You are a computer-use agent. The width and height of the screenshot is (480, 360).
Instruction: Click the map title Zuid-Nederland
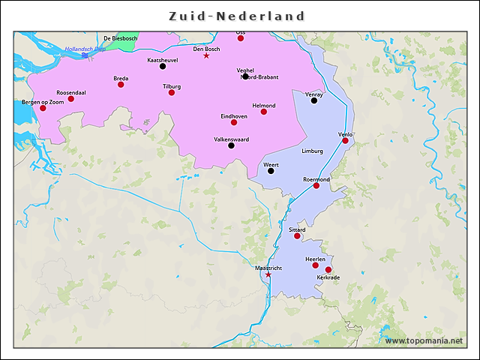coord(236,16)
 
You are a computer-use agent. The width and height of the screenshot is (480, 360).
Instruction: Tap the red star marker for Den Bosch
coord(206,55)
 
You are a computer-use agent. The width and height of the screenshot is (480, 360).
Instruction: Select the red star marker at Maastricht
coord(268,274)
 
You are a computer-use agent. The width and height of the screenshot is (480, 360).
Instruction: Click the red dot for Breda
coord(121,85)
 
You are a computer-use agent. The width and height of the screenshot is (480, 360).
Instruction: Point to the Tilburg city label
coord(172,86)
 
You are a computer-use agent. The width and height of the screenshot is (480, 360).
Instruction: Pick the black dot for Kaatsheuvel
coord(163,66)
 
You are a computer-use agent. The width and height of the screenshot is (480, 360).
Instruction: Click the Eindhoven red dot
coord(234,122)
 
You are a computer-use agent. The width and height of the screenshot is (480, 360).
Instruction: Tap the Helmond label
coord(263,106)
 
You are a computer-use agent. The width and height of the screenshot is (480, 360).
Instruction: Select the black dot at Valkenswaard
coord(231,145)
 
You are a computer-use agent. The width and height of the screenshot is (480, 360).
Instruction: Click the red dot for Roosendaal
coord(71,99)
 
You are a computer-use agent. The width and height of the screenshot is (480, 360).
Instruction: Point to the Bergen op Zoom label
coord(43,101)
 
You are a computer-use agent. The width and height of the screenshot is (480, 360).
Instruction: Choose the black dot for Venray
coord(314,100)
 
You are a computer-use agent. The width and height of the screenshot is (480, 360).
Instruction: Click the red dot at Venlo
coord(346,140)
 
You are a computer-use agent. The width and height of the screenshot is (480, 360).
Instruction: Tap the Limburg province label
coord(312,151)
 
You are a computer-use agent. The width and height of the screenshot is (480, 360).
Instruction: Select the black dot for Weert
coord(271,171)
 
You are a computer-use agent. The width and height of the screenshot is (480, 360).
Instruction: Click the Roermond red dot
coord(316,185)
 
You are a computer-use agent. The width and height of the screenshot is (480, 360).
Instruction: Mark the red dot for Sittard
coord(297,236)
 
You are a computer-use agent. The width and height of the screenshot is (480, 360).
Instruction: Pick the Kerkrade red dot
coord(328,270)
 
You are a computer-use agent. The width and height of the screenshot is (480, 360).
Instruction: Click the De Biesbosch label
coord(120,38)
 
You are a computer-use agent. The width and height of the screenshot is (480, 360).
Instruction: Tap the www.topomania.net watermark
coord(424,340)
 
